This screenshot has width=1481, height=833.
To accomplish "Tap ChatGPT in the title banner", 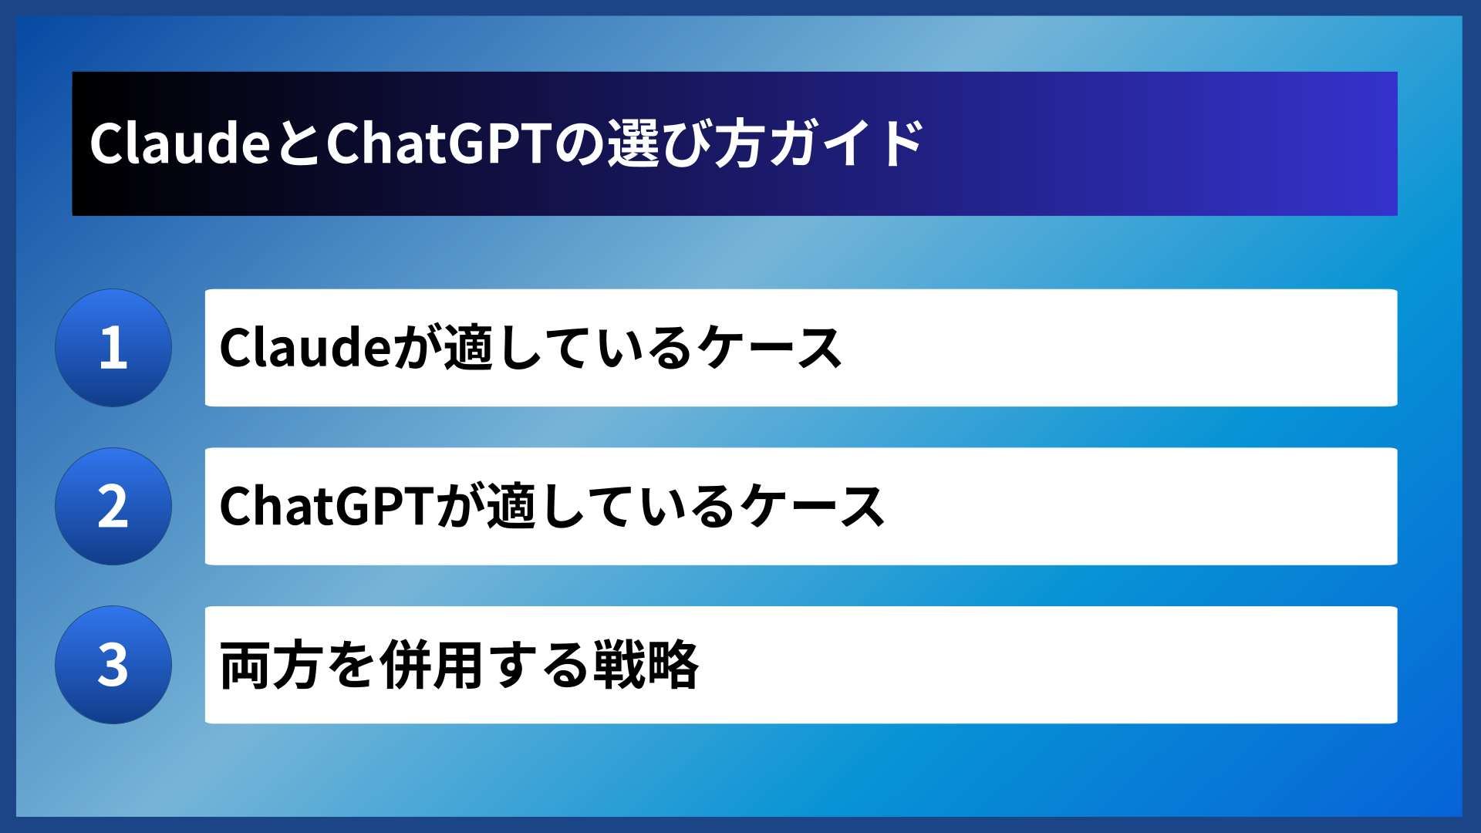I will pyautogui.click(x=439, y=144).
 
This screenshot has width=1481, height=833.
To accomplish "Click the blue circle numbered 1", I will pyautogui.click(x=113, y=348).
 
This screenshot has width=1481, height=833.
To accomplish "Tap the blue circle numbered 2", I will pyautogui.click(x=113, y=507).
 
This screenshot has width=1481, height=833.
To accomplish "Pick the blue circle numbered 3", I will pyautogui.click(x=113, y=665).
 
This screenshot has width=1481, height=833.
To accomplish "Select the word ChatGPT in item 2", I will pyautogui.click(x=328, y=507).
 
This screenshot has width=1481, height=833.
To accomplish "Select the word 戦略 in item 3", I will pyautogui.click(x=646, y=665).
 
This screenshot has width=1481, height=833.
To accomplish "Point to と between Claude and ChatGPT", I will pyautogui.click(x=297, y=144).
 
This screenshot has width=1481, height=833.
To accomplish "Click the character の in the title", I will pyautogui.click(x=579, y=144).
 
